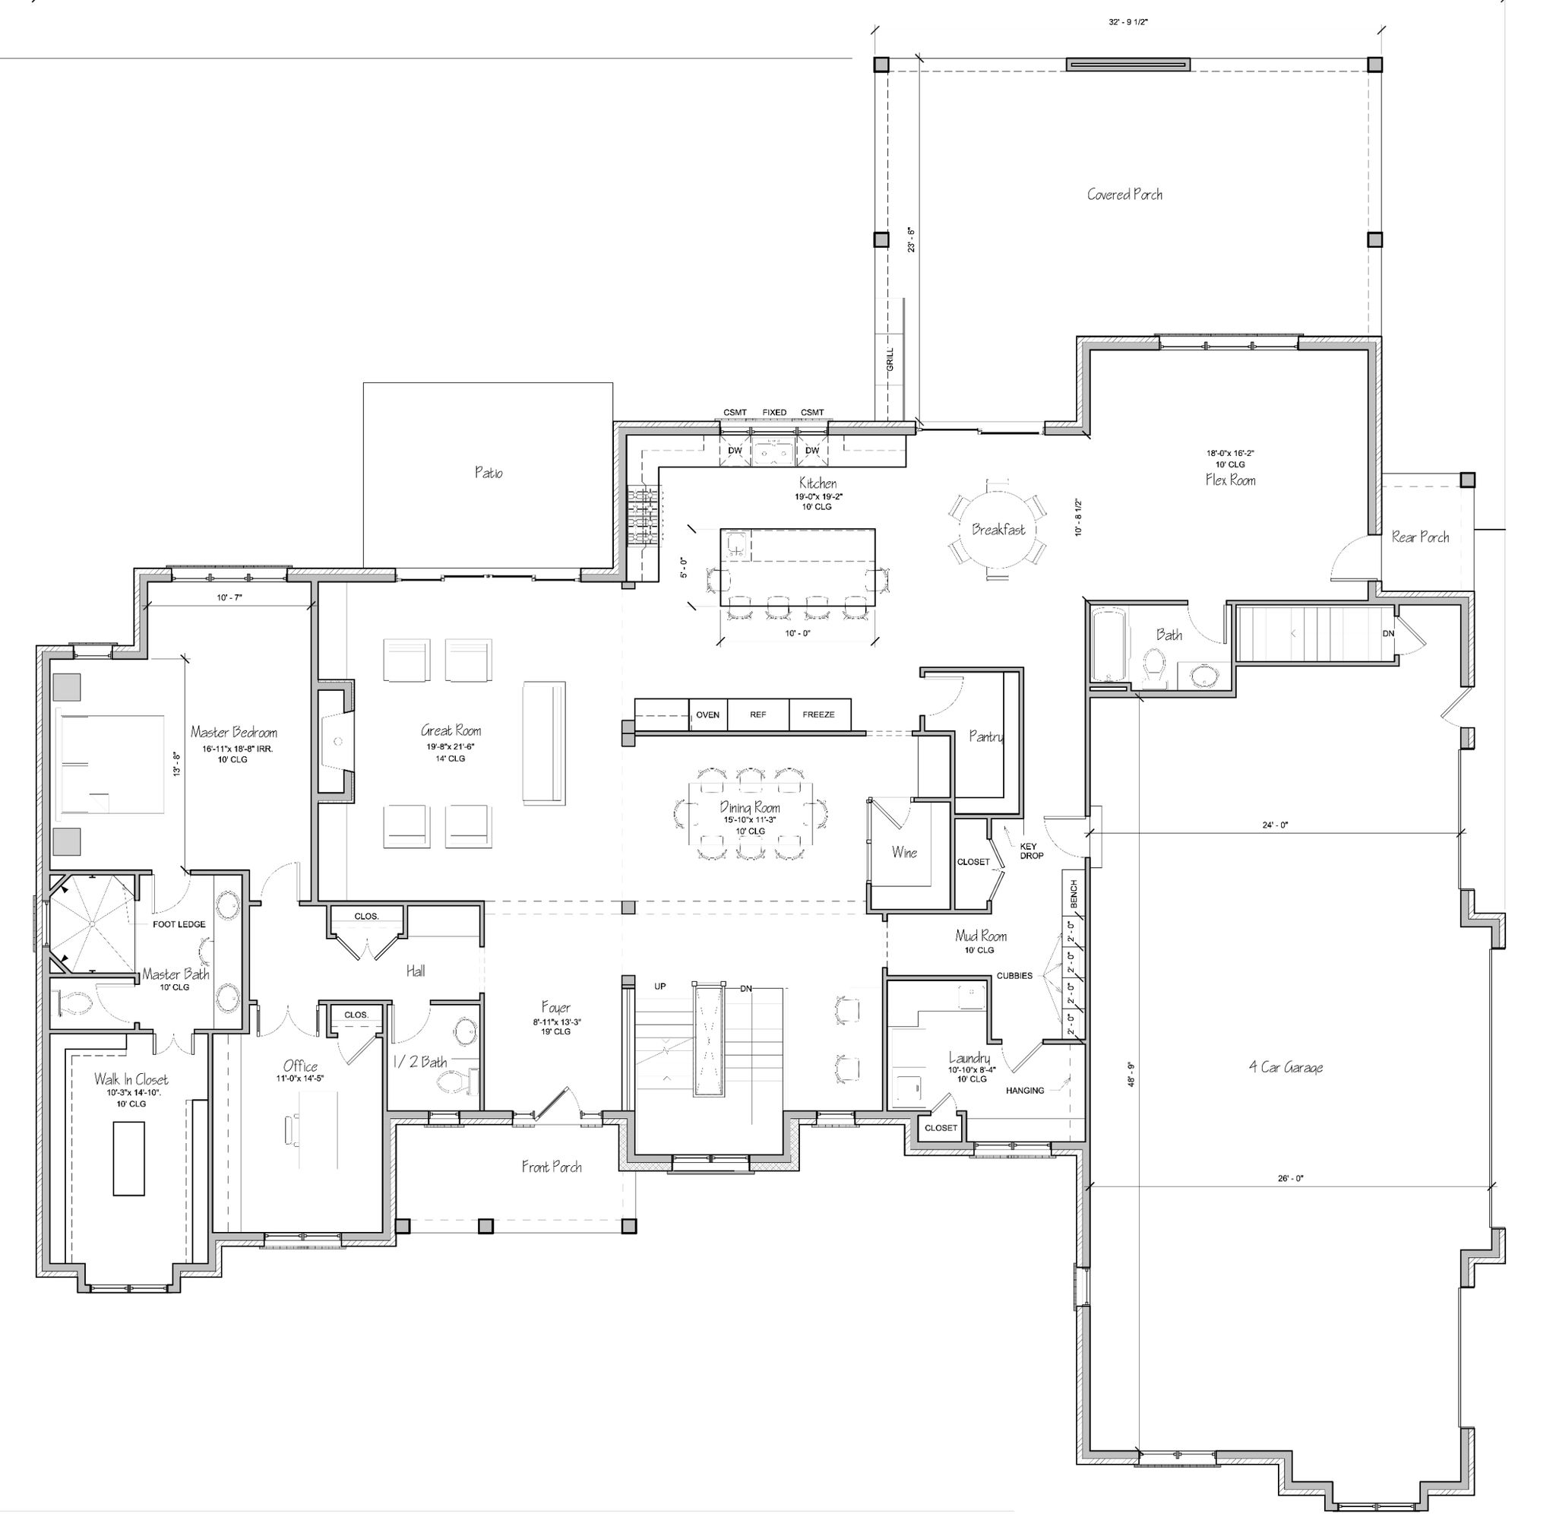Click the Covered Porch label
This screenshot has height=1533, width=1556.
click(x=1124, y=194)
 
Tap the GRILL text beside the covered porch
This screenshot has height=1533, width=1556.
click(x=890, y=359)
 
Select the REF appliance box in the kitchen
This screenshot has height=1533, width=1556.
click(x=757, y=714)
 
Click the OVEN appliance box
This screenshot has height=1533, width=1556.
click(x=707, y=714)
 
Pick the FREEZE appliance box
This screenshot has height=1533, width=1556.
click(x=819, y=714)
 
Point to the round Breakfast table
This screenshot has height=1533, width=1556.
click(x=998, y=530)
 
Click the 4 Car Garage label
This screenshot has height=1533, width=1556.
click(x=1286, y=1068)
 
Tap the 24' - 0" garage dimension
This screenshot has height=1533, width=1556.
click(x=1275, y=825)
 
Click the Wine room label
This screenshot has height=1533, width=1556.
click(x=904, y=852)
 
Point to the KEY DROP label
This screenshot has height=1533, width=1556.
click(x=1031, y=851)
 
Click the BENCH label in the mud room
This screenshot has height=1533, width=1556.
click(x=1074, y=895)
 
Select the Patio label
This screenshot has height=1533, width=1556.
click(x=488, y=473)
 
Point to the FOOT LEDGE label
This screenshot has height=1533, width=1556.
click(x=179, y=924)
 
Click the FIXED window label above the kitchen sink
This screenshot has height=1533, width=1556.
click(x=774, y=412)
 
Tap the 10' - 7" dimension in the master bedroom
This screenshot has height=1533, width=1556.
click(x=229, y=598)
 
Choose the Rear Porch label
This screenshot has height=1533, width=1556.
click(x=1420, y=537)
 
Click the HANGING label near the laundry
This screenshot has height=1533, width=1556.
click(x=1025, y=1090)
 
